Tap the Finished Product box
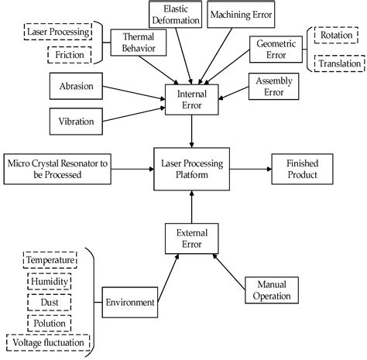(x=302, y=166)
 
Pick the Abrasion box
(x=76, y=87)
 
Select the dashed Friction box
(x=69, y=55)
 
